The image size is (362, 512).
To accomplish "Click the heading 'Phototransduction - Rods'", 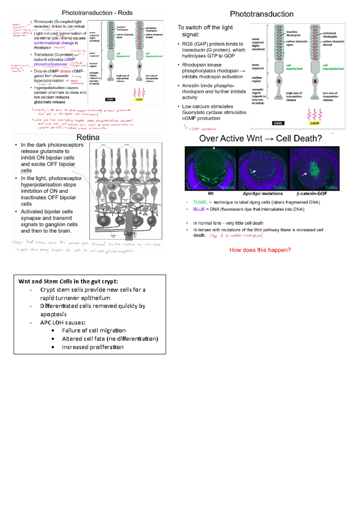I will tap(97, 13).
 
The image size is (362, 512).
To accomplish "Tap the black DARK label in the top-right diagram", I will tap(278, 123).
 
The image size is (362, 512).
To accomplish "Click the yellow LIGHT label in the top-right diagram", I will tap(314, 123).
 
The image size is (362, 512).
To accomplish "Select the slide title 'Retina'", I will tap(88, 137).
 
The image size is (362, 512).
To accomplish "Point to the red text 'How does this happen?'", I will tap(260, 250).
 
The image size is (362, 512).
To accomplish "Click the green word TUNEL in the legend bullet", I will tap(200, 202).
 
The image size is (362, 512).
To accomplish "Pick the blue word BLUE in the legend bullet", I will tap(199, 209).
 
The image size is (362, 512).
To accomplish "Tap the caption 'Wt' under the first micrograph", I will tap(211, 194).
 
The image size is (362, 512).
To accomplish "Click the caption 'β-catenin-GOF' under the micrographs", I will tap(312, 194).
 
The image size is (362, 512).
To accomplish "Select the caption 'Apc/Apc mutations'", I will tap(263, 194).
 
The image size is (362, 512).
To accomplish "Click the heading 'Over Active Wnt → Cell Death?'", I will tap(260, 138).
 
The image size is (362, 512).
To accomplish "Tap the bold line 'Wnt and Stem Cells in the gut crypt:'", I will tap(68, 281).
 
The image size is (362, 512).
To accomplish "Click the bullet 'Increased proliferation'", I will tap(93, 347).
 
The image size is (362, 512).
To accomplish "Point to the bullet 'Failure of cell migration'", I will tap(94, 330).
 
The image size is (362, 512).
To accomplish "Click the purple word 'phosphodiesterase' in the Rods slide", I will tap(50, 64).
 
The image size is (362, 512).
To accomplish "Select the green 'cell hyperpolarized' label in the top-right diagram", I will tap(333, 67).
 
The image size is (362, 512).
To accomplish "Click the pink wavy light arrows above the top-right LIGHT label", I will tap(314, 115).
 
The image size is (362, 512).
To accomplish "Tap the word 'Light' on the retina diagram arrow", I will tap(130, 233).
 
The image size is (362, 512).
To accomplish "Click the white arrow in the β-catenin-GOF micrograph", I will tap(304, 174).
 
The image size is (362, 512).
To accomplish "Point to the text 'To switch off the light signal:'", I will tap(205, 31).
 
